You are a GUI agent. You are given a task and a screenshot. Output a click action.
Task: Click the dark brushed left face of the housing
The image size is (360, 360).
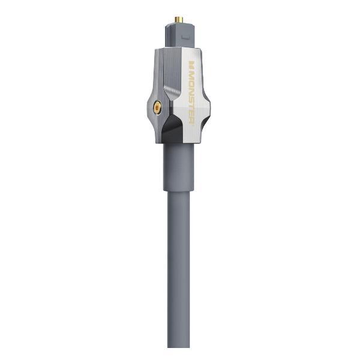click(162, 72)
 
